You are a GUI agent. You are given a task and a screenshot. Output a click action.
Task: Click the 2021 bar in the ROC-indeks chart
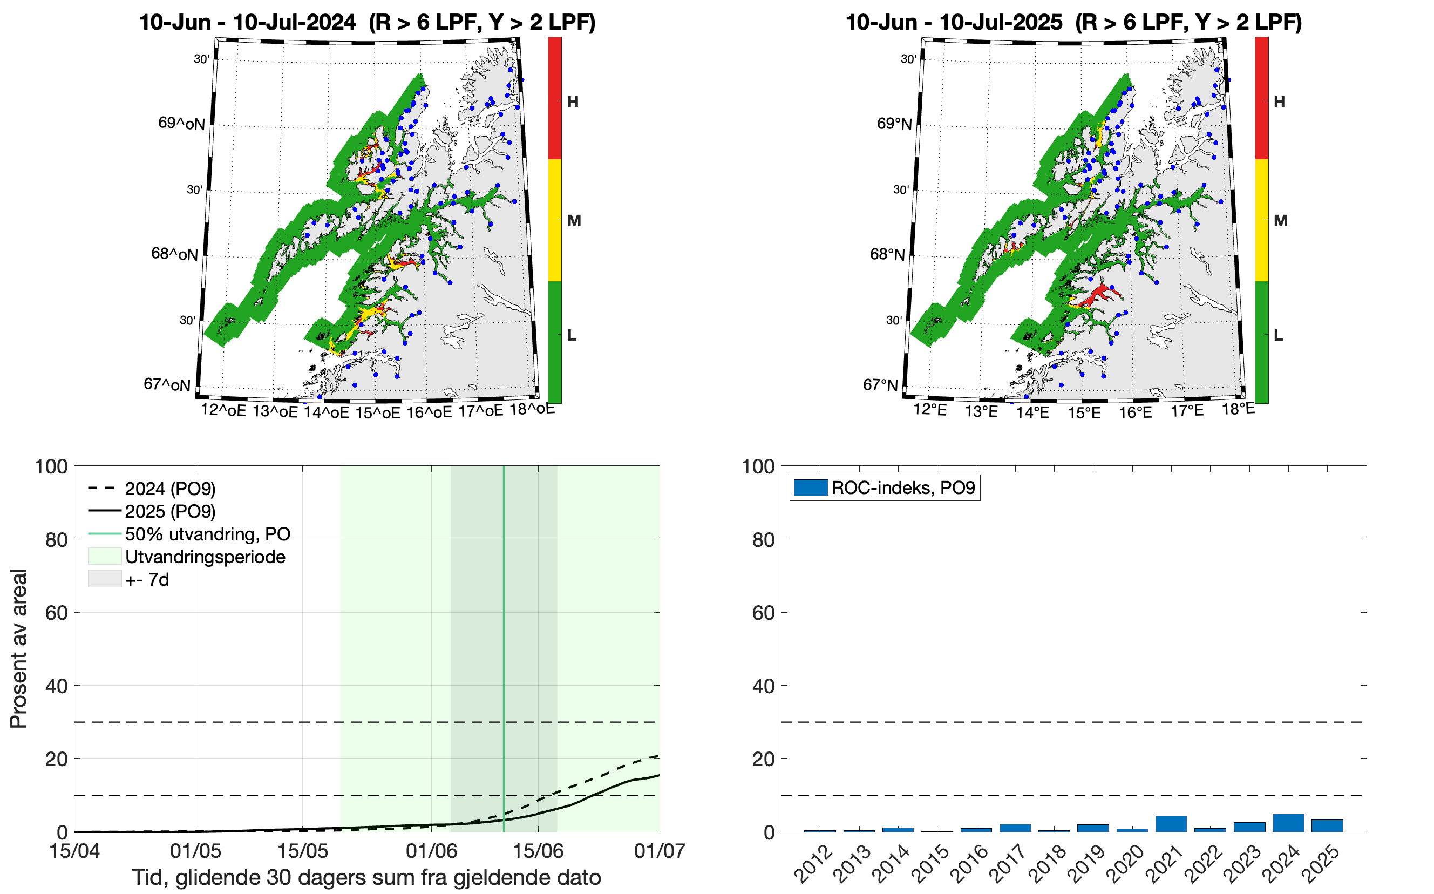point(1171,824)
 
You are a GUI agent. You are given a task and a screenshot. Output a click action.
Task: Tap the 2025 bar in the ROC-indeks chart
point(1327,825)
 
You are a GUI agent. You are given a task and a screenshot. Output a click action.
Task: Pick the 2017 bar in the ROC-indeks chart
point(1015,828)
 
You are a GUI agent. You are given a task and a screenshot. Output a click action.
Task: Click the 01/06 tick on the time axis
point(432,851)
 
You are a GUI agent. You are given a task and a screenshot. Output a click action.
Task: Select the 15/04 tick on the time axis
point(74,851)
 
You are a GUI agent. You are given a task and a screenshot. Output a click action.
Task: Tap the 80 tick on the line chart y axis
point(56,540)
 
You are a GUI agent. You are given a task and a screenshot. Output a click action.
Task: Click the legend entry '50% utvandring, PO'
point(207,534)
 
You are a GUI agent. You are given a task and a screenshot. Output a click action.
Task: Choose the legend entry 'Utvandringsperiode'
point(205,557)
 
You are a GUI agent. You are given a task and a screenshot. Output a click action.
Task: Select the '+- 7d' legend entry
point(147,579)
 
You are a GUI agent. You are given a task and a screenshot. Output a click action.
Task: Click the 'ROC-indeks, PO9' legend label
point(902,488)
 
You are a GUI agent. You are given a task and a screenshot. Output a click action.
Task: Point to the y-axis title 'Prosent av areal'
point(19,648)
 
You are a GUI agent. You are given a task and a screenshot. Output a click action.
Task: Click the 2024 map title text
point(366,23)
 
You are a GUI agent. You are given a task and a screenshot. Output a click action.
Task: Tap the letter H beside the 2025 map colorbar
point(1279,102)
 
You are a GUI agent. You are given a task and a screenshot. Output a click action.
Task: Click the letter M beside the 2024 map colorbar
point(574,221)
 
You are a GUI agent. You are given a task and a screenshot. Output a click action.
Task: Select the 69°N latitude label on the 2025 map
point(894,124)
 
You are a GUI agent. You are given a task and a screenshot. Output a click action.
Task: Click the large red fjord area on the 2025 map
point(1099,294)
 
